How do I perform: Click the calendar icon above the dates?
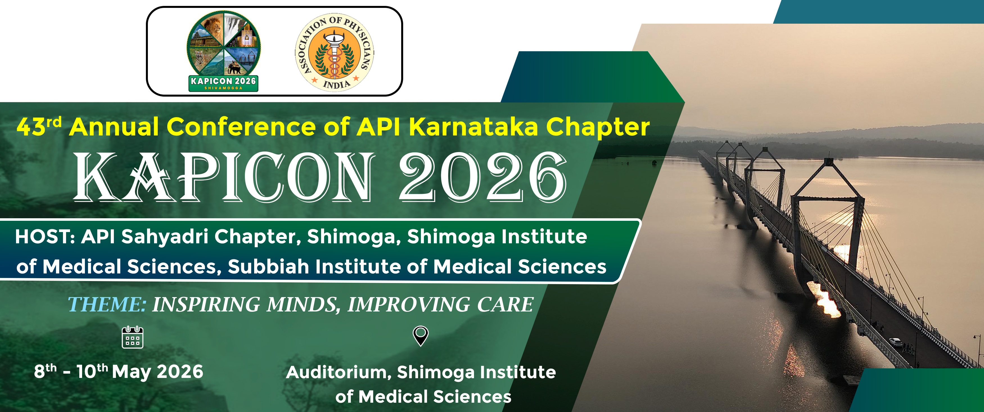(x=132, y=337)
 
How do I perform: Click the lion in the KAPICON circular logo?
(x=211, y=27)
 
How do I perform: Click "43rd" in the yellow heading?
(x=39, y=126)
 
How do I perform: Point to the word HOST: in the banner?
(x=45, y=237)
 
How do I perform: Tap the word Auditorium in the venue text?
(x=338, y=372)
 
